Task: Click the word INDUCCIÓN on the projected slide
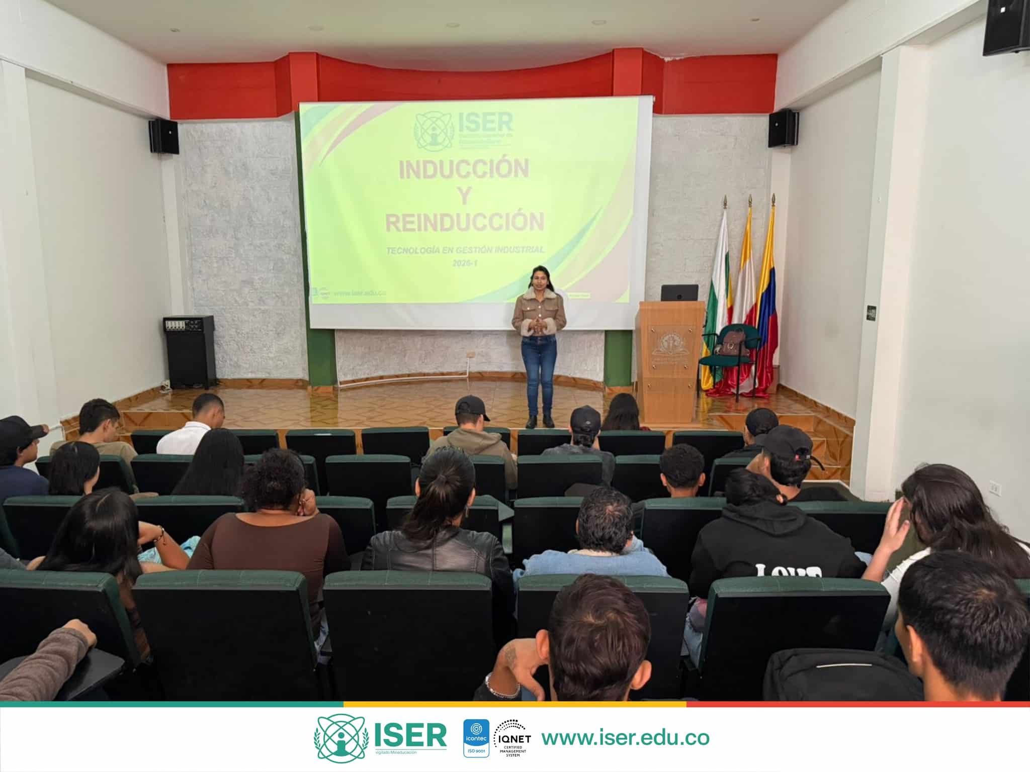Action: (464, 169)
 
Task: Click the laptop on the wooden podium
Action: (679, 293)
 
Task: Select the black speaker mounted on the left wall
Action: (164, 136)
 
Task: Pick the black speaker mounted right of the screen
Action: (783, 129)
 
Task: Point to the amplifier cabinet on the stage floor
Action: (189, 351)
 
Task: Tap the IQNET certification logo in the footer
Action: (512, 738)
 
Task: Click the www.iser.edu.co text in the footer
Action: (625, 737)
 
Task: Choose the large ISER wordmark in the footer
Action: (410, 735)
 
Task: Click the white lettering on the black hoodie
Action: (787, 570)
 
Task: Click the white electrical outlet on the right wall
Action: (994, 486)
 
